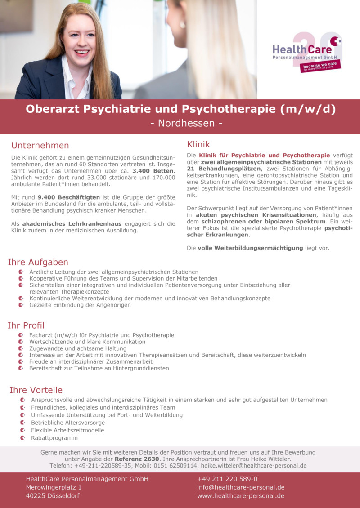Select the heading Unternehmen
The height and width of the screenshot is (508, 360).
[40, 146]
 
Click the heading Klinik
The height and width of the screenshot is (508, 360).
[198, 144]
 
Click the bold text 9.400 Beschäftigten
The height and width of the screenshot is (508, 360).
[64, 197]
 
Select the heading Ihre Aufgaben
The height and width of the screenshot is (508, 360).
[38, 262]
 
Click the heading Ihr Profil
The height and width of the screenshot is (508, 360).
[26, 325]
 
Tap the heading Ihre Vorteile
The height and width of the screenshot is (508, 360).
[36, 390]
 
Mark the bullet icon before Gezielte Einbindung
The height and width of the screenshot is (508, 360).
[21, 305]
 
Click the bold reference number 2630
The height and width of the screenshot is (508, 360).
[150, 459]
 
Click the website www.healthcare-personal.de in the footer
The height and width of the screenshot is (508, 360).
[240, 496]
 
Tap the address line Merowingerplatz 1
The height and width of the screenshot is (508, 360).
[54, 487]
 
